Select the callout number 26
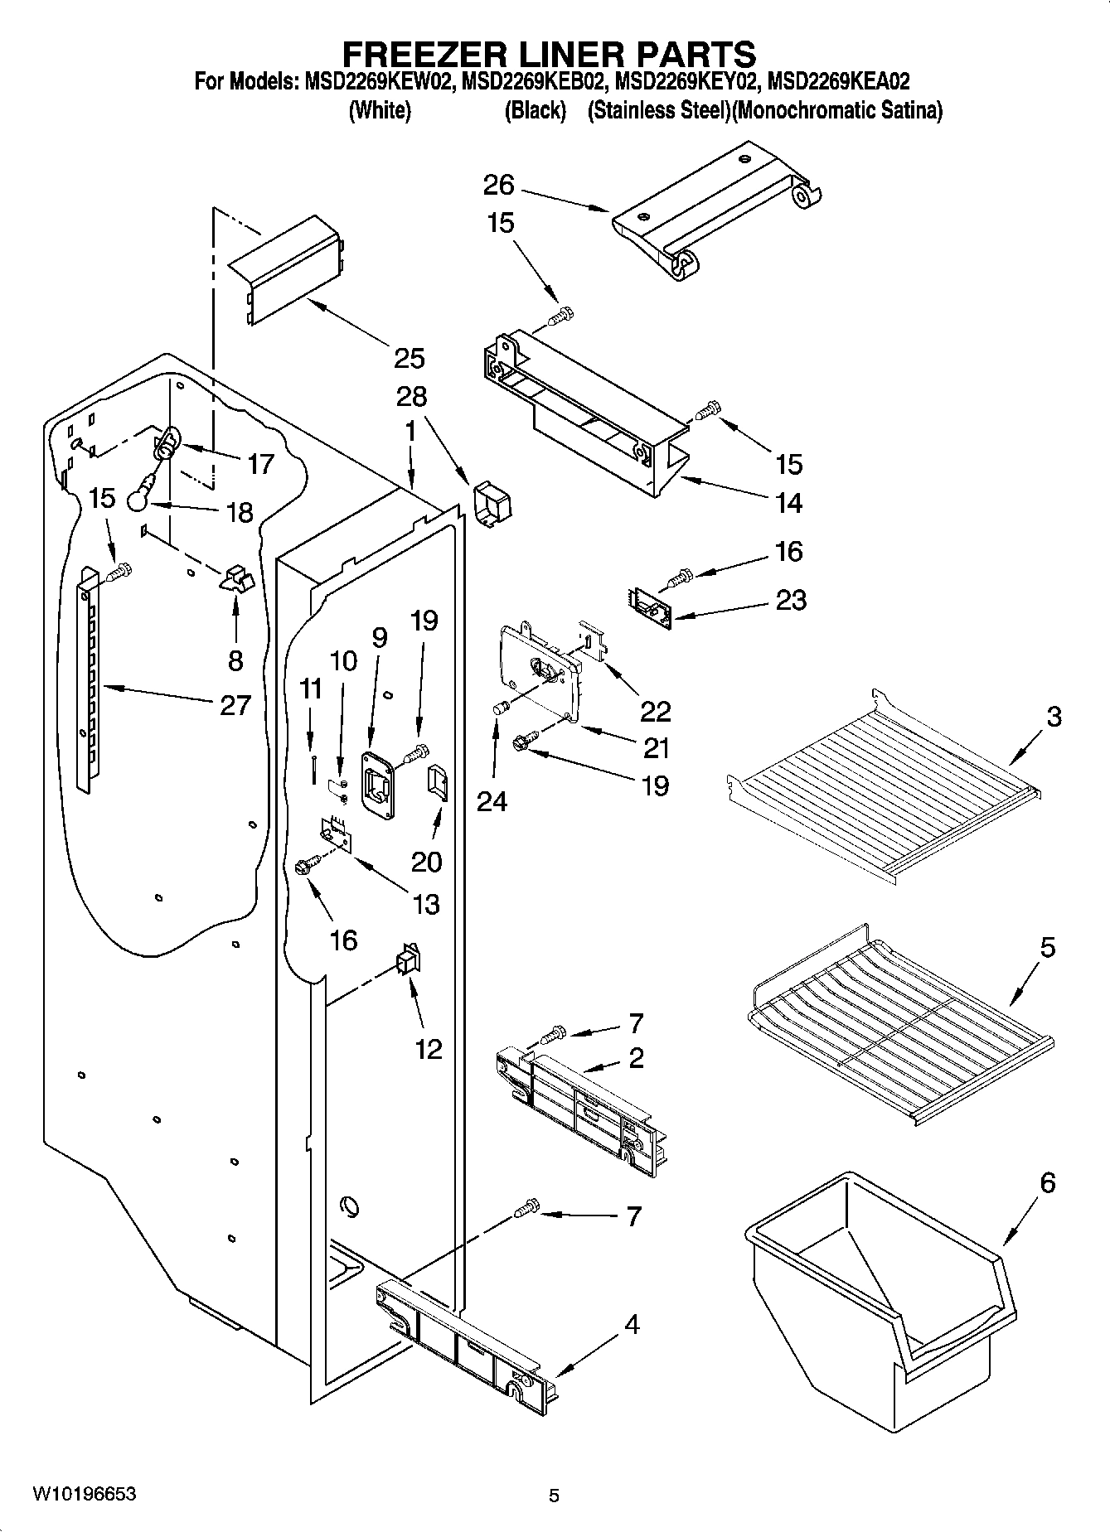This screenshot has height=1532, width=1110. pos(500,185)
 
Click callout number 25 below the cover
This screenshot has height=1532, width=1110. pos(409,358)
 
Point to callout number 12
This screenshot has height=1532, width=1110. pos(429,1049)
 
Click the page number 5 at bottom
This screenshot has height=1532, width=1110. pos(554,1496)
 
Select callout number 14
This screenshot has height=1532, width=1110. pos(788,503)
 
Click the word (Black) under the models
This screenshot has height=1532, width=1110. pos(535,110)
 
